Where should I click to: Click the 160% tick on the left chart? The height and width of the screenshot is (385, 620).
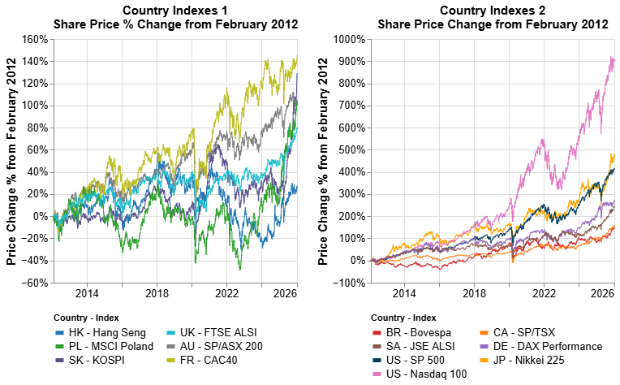(35, 39)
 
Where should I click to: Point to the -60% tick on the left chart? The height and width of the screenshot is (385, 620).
(35, 283)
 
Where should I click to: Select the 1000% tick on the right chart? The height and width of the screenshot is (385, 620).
(348, 39)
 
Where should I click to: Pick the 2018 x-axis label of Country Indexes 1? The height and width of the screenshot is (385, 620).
(157, 293)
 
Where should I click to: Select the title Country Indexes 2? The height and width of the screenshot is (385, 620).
(493, 11)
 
